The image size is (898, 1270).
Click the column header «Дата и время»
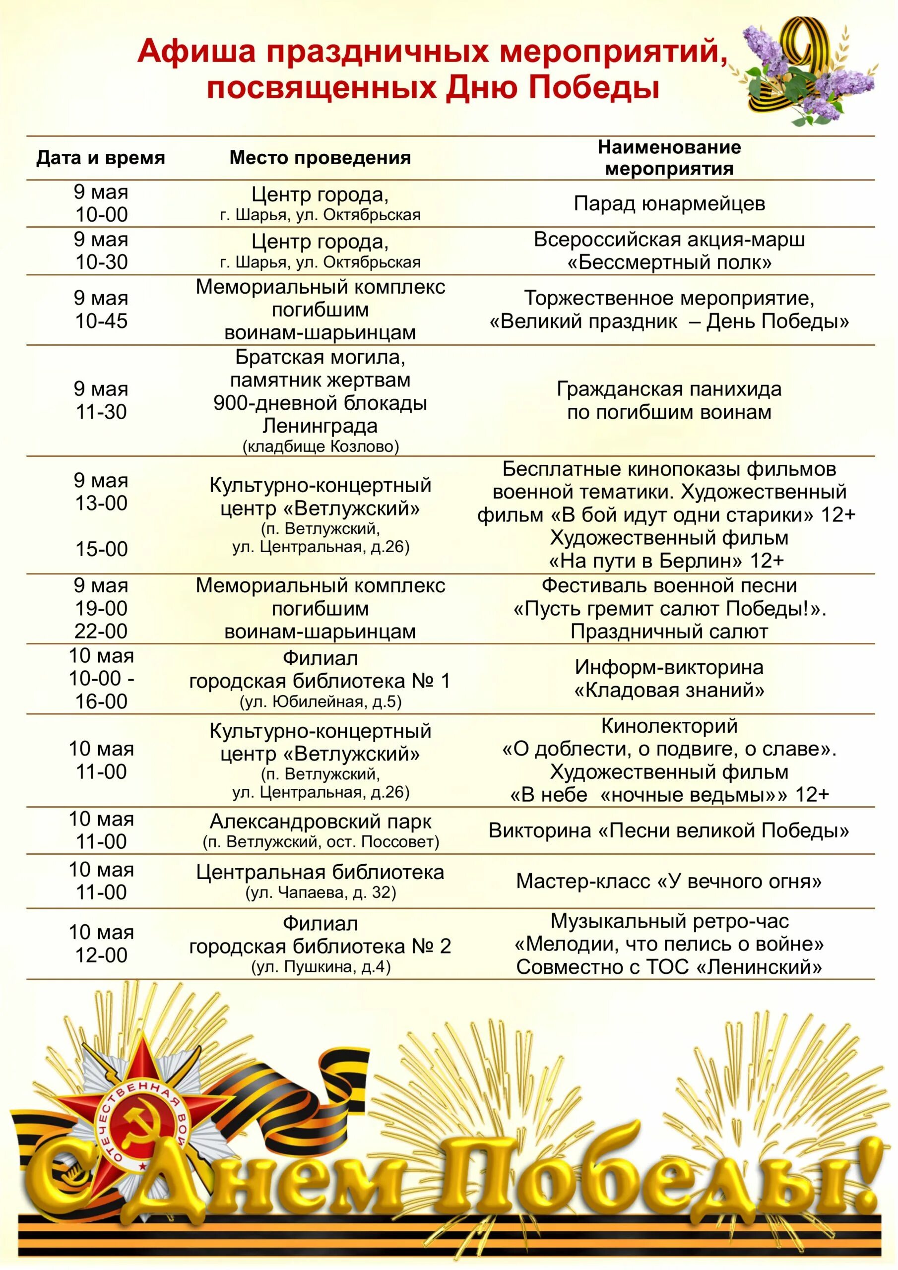coord(101,158)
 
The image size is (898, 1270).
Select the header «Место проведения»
coord(320,158)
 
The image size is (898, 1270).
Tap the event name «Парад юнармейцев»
coord(669,203)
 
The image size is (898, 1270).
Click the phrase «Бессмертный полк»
coord(669,262)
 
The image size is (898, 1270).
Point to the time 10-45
coord(101,321)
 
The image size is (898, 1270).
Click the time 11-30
coord(101,412)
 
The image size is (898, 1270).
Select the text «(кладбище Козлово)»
coord(321,446)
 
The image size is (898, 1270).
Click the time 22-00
coord(101,631)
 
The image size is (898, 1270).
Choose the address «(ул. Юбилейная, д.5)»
coord(321,702)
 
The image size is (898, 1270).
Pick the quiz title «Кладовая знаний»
coord(669,690)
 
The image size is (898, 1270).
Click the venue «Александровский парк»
coord(321,822)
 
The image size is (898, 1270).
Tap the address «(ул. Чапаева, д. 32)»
coord(321,893)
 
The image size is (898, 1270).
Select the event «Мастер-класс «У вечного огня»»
coord(669,881)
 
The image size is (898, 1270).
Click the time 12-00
coord(101,955)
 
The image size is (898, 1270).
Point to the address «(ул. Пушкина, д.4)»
coord(321,967)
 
